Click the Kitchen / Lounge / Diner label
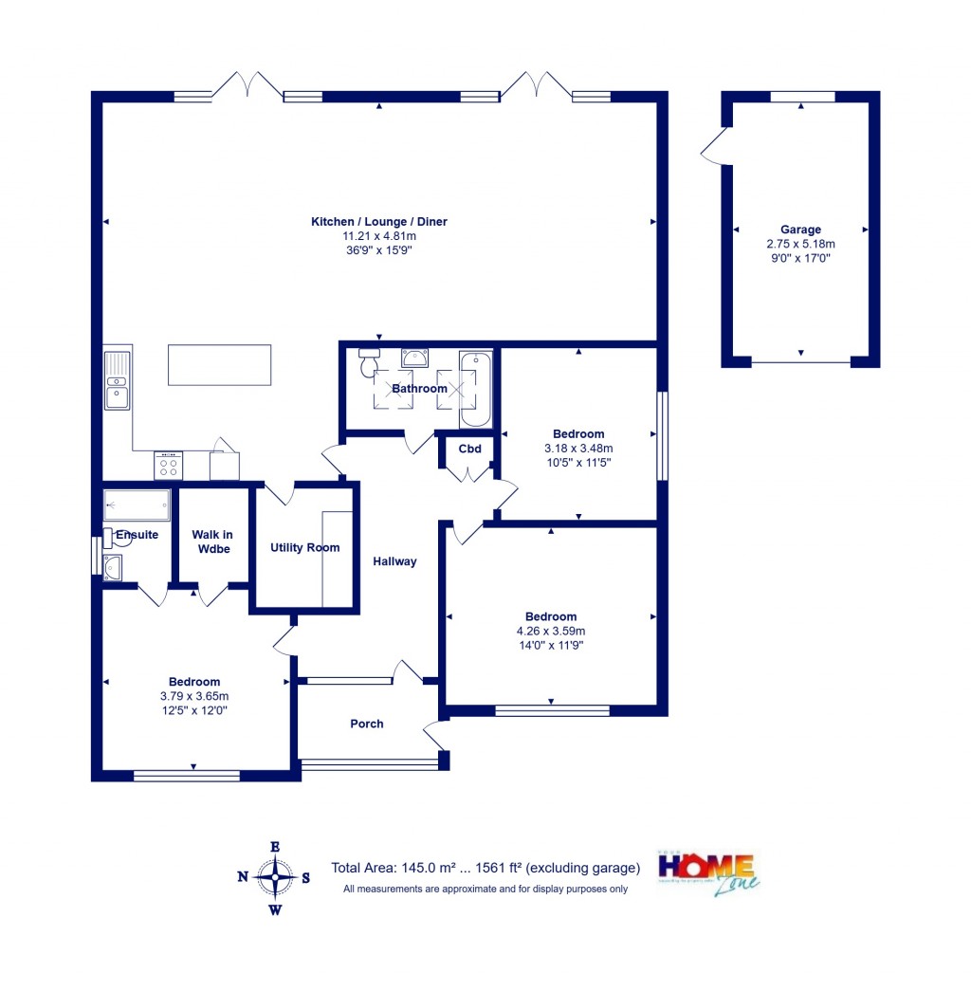[379, 222]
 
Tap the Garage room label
[800, 229]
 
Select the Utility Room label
[304, 547]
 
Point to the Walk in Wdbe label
[212, 542]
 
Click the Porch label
[367, 724]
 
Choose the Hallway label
[394, 561]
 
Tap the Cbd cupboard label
[469, 449]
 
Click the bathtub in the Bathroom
[475, 390]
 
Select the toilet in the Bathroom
[369, 362]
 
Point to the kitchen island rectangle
[219, 365]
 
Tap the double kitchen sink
[118, 380]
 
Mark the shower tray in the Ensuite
[137, 505]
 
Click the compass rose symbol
[275, 878]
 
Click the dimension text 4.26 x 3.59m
[551, 631]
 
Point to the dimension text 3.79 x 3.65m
[194, 695]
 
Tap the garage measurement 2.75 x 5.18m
[800, 244]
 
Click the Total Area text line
[485, 868]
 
